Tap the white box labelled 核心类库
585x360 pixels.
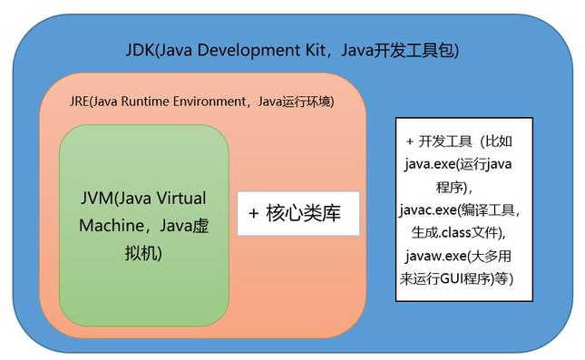(298, 214)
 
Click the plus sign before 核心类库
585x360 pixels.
(254, 214)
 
